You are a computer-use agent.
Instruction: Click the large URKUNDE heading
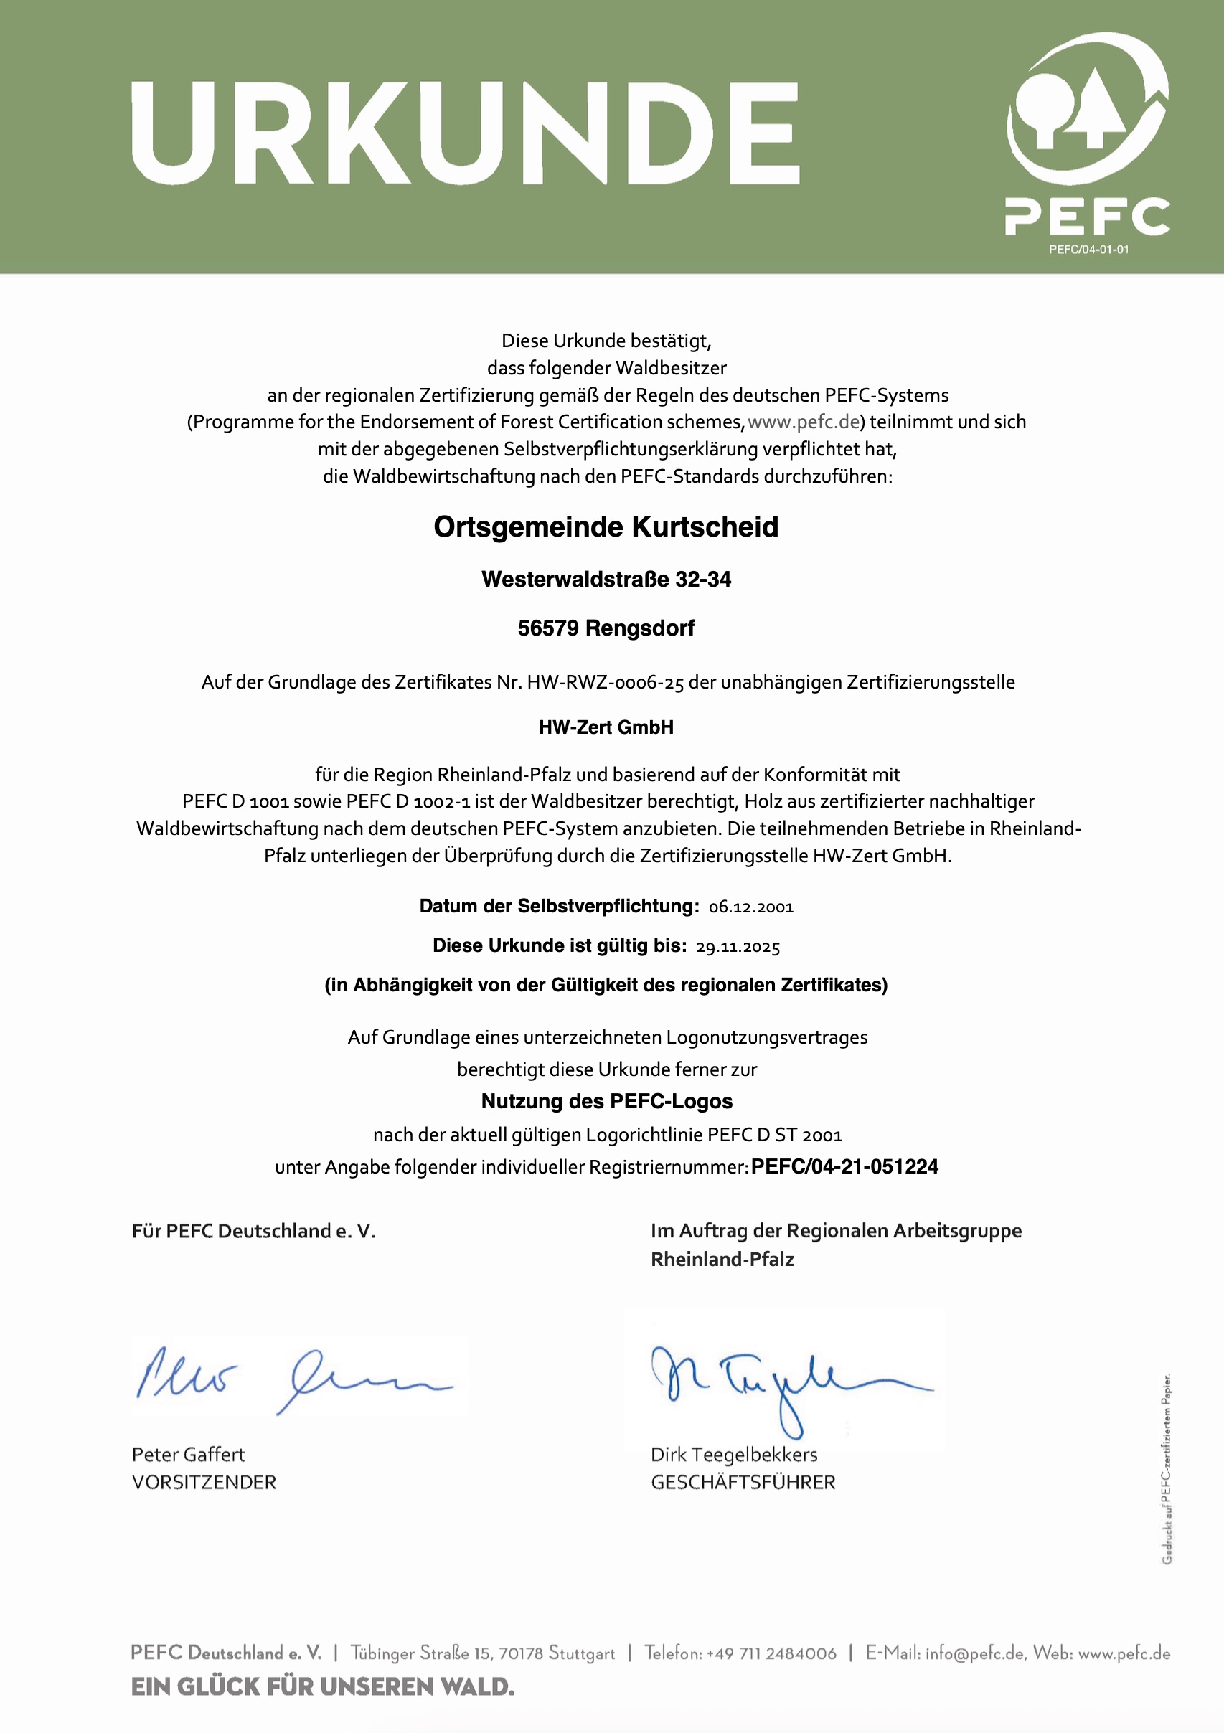click(x=465, y=133)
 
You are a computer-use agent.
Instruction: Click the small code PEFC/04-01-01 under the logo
click(x=1089, y=250)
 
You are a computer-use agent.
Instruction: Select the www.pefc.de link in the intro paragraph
click(x=804, y=422)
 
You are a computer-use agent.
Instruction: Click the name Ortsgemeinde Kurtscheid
click(x=606, y=526)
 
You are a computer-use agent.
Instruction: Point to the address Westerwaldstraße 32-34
click(x=606, y=580)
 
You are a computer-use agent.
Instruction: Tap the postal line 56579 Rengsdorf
click(x=606, y=628)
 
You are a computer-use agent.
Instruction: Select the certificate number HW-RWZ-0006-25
click(x=605, y=682)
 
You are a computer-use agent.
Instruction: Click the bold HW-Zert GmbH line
click(x=606, y=727)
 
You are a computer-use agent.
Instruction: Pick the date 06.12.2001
click(x=751, y=907)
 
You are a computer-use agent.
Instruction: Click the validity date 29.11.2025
click(x=738, y=948)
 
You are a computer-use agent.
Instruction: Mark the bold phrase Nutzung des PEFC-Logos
click(x=607, y=1101)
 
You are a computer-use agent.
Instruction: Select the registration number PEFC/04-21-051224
click(x=844, y=1167)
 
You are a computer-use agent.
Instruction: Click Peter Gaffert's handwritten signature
click(x=294, y=1377)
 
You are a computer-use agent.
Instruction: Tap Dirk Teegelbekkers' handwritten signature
click(x=786, y=1384)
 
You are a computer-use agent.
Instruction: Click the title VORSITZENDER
click(x=204, y=1483)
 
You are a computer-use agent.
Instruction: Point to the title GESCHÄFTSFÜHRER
click(x=743, y=1483)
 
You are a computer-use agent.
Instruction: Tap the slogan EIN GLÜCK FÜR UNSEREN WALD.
click(x=322, y=1686)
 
